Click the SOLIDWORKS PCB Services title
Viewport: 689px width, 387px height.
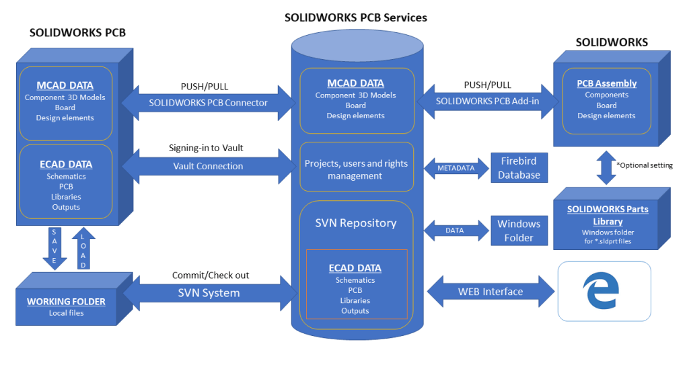pyautogui.click(x=355, y=17)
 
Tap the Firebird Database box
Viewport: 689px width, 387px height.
pyautogui.click(x=519, y=167)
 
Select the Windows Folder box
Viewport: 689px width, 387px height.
pyautogui.click(x=519, y=230)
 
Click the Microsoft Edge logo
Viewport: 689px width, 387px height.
pyautogui.click(x=601, y=290)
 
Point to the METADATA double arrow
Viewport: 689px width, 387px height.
pyautogui.click(x=457, y=168)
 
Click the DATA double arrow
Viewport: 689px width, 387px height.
pyautogui.click(x=457, y=230)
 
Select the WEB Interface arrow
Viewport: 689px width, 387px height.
pyautogui.click(x=491, y=292)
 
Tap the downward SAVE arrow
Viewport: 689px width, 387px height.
pyautogui.click(x=55, y=249)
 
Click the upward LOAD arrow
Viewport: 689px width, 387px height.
pyautogui.click(x=83, y=249)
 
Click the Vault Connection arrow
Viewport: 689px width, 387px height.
pyautogui.click(x=209, y=167)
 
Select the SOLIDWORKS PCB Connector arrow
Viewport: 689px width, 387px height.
pyautogui.click(x=209, y=103)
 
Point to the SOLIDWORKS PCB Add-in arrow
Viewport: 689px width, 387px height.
pyautogui.click(x=488, y=101)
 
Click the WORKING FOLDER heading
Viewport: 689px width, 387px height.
pyautogui.click(x=66, y=302)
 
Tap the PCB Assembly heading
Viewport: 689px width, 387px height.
pyautogui.click(x=606, y=83)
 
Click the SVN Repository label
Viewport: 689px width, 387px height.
pyautogui.click(x=356, y=223)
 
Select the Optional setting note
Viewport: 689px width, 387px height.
pyautogui.click(x=645, y=165)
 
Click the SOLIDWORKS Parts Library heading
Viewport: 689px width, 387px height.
pyautogui.click(x=608, y=216)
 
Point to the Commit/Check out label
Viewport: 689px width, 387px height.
pyautogui.click(x=211, y=275)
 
